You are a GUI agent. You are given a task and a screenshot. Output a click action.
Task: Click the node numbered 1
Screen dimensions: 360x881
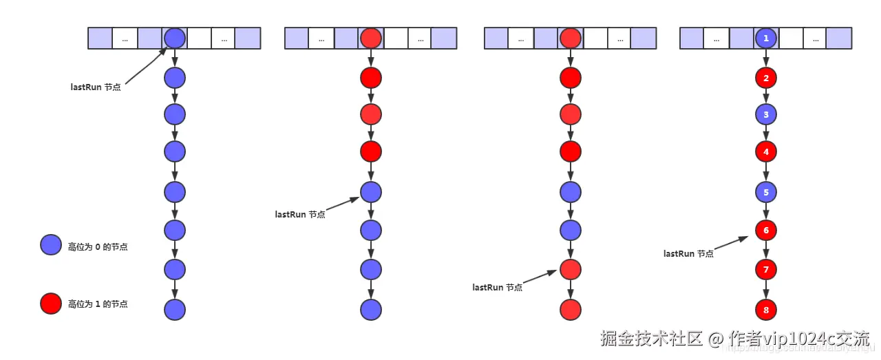point(766,38)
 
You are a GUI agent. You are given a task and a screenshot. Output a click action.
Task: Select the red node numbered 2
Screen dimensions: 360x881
point(766,78)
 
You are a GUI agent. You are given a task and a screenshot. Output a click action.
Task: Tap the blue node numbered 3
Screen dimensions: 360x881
point(766,114)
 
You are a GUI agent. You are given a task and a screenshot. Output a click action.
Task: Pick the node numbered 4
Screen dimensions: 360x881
point(766,151)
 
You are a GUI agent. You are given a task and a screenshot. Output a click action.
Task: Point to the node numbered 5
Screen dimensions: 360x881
point(766,192)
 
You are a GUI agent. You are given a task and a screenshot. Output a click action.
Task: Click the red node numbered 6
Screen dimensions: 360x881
point(766,230)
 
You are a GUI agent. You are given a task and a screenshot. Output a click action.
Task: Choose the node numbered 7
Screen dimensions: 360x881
point(766,269)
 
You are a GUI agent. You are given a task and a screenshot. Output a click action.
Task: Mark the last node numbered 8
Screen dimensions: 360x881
point(766,310)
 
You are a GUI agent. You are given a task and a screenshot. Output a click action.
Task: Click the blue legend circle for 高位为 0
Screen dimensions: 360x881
point(51,246)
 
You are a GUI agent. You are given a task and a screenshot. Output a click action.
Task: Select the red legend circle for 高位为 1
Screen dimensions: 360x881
point(51,304)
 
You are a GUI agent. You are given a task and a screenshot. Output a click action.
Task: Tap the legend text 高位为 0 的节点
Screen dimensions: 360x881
point(98,246)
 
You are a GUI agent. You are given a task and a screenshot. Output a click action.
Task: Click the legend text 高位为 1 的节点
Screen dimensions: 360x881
point(98,304)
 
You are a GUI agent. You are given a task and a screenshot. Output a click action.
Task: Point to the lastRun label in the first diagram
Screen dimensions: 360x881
point(96,87)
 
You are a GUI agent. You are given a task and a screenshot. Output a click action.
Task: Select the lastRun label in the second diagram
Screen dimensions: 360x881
point(300,214)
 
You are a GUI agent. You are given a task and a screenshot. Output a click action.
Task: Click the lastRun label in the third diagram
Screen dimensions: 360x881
point(497,287)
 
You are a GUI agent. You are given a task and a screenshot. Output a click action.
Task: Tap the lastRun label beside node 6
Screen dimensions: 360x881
point(688,253)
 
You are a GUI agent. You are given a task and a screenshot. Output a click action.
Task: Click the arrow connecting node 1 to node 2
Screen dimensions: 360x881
point(766,58)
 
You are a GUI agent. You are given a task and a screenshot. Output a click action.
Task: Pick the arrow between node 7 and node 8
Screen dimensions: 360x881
point(766,290)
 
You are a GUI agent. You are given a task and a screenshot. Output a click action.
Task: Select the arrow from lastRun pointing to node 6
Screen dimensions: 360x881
point(731,244)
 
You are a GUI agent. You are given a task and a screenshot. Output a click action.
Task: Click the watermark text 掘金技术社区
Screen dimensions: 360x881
point(651,338)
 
